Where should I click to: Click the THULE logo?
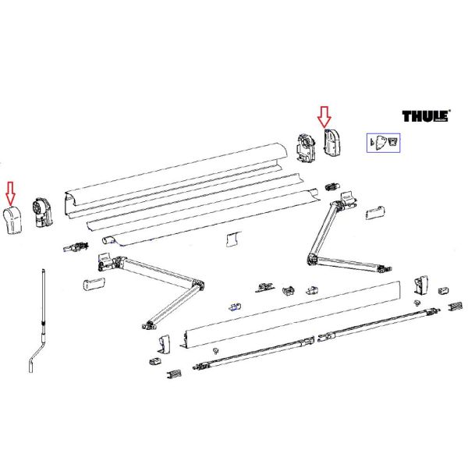pyautogui.click(x=426, y=116)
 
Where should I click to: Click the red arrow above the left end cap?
pyautogui.click(x=10, y=193)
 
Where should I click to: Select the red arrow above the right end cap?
pyautogui.click(x=324, y=117)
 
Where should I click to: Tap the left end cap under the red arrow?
pyautogui.click(x=12, y=220)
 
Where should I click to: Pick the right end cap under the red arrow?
pyautogui.click(x=332, y=143)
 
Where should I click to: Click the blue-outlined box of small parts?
pyautogui.click(x=383, y=143)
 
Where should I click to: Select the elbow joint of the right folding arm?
pyautogui.click(x=312, y=258)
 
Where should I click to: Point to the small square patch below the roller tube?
pyautogui.click(x=233, y=239)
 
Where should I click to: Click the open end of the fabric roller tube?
pyautogui.click(x=107, y=240)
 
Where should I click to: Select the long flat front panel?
pyautogui.click(x=292, y=314)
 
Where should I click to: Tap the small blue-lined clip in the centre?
pyautogui.click(x=236, y=307)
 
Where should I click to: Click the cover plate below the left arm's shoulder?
pyautogui.click(x=94, y=284)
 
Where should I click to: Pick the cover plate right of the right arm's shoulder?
pyautogui.click(x=375, y=212)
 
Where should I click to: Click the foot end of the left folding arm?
pyautogui.click(x=149, y=325)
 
